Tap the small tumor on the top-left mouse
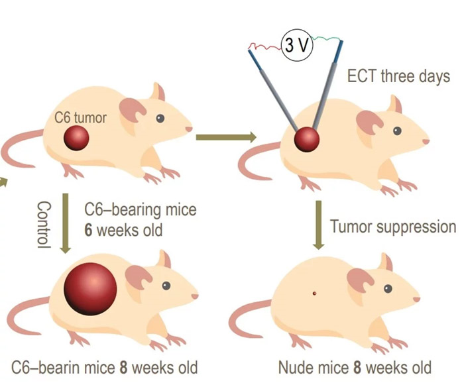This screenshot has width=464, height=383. [x=77, y=138]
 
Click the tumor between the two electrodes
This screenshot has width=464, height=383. [x=307, y=140]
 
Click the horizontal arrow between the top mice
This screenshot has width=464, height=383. [x=225, y=137]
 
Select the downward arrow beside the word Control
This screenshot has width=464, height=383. [x=65, y=224]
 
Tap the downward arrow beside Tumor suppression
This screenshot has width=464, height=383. [x=318, y=225]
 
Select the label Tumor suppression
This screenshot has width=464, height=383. [x=393, y=227]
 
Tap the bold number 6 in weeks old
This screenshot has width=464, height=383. [x=88, y=231]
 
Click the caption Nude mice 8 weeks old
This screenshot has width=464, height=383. [x=354, y=366]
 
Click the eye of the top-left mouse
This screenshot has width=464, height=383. [x=160, y=118]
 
